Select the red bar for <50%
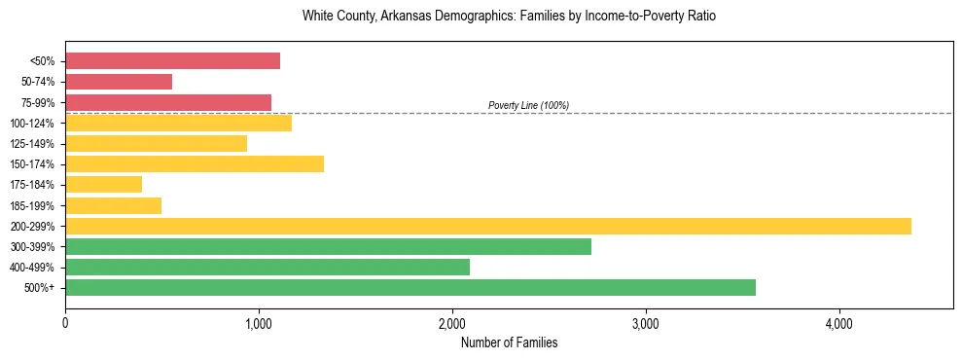click(172, 61)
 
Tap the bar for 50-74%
click(119, 82)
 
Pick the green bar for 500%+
click(410, 287)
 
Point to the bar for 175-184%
click(103, 185)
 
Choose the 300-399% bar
click(328, 246)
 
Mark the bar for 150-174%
click(195, 164)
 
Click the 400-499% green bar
click(267, 267)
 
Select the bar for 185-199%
click(113, 205)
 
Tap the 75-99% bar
click(168, 102)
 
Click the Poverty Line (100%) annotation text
click(528, 105)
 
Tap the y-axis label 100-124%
click(32, 124)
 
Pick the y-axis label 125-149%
click(32, 144)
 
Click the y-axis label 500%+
click(39, 288)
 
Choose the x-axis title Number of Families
click(509, 342)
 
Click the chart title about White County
click(509, 17)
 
